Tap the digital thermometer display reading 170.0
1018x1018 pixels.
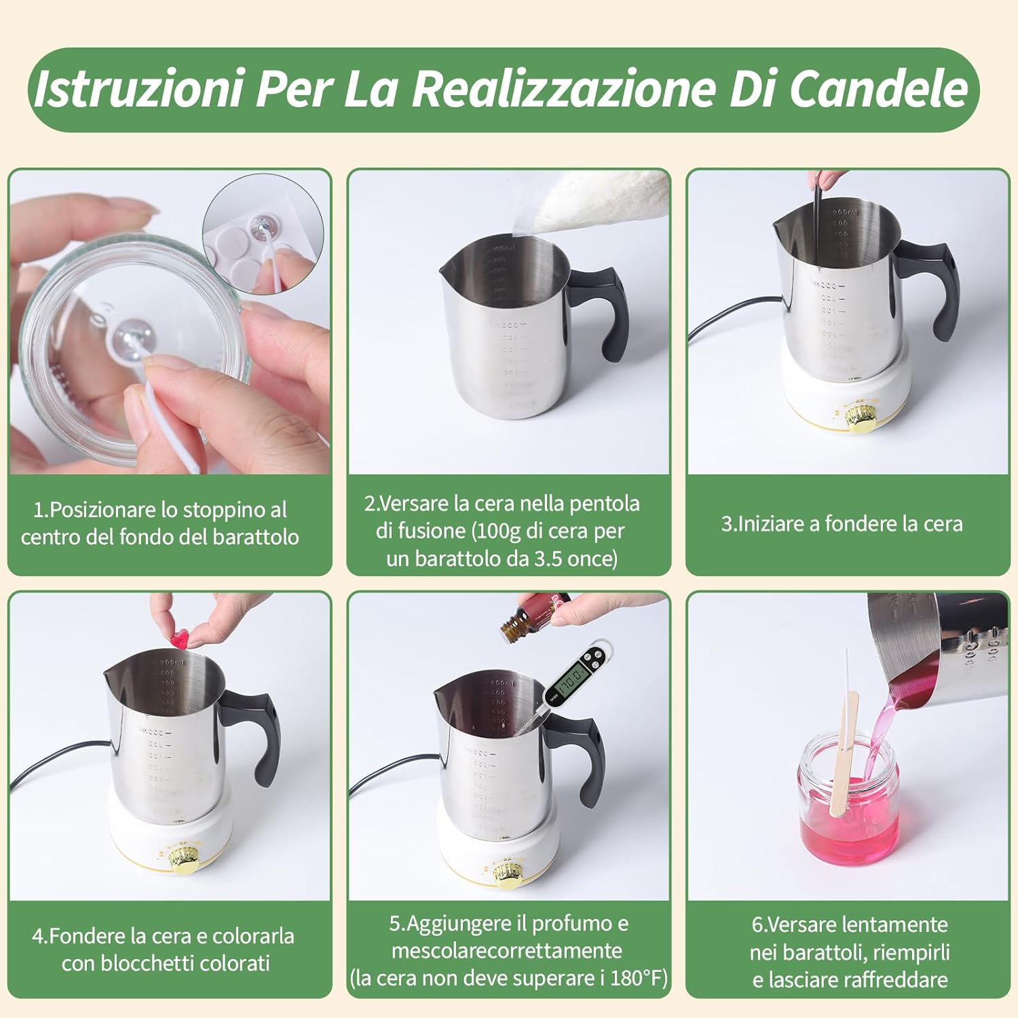click(574, 677)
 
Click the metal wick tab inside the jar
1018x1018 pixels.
click(132, 335)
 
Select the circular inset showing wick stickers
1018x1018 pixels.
click(263, 234)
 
